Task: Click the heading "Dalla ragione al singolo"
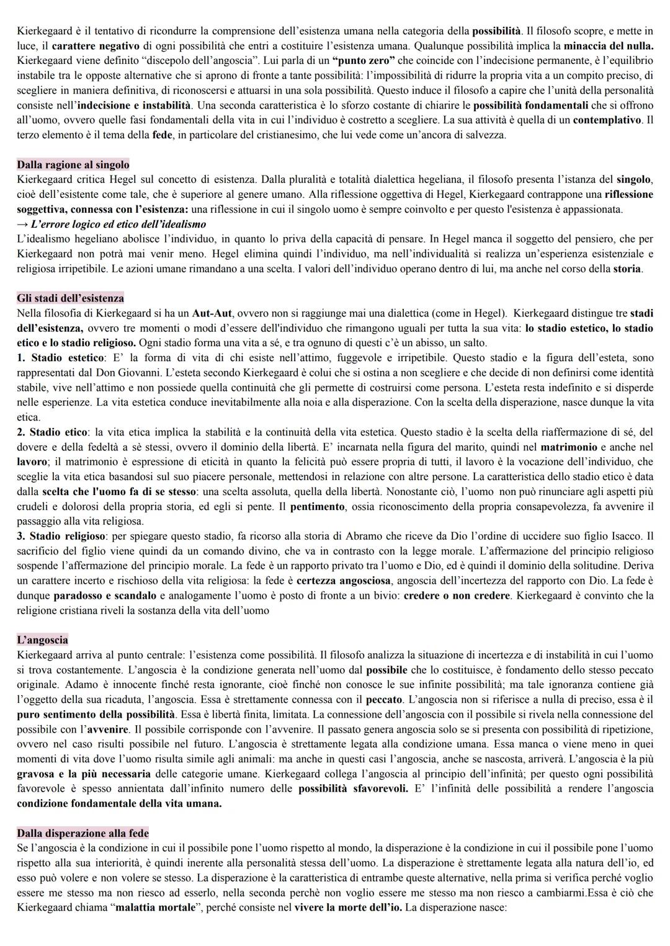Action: [73, 164]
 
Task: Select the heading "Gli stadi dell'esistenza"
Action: [70, 298]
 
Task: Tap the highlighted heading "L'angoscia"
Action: [42, 640]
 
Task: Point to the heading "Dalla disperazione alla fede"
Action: [83, 832]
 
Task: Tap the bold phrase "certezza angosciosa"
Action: [344, 581]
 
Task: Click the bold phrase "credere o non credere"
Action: [456, 596]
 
